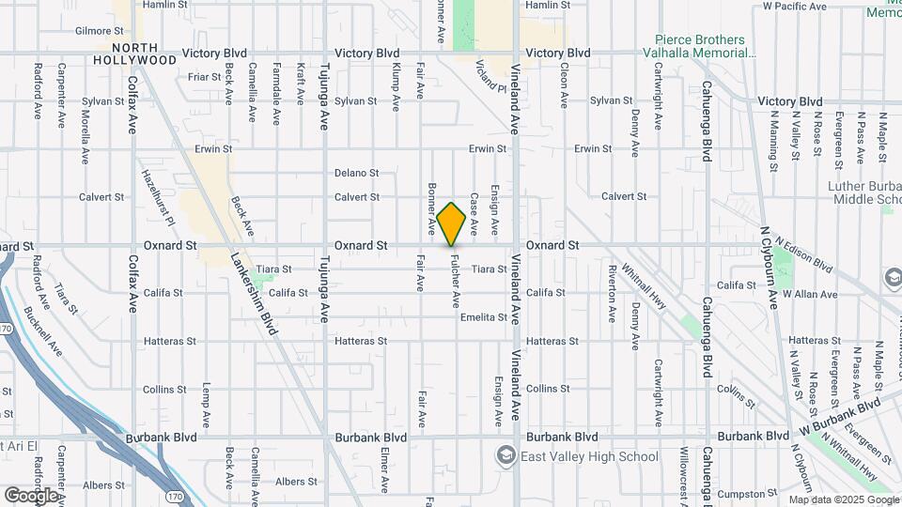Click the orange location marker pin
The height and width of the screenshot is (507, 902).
(x=452, y=224)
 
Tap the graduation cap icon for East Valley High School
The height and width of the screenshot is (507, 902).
(x=506, y=456)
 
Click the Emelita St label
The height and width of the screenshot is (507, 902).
(x=484, y=317)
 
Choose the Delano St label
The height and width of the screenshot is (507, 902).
(x=356, y=173)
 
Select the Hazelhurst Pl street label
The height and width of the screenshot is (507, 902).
(x=157, y=198)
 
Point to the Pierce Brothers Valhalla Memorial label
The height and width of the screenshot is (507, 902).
(x=701, y=46)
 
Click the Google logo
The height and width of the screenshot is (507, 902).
(x=31, y=495)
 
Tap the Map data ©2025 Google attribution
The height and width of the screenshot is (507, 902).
(x=842, y=499)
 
